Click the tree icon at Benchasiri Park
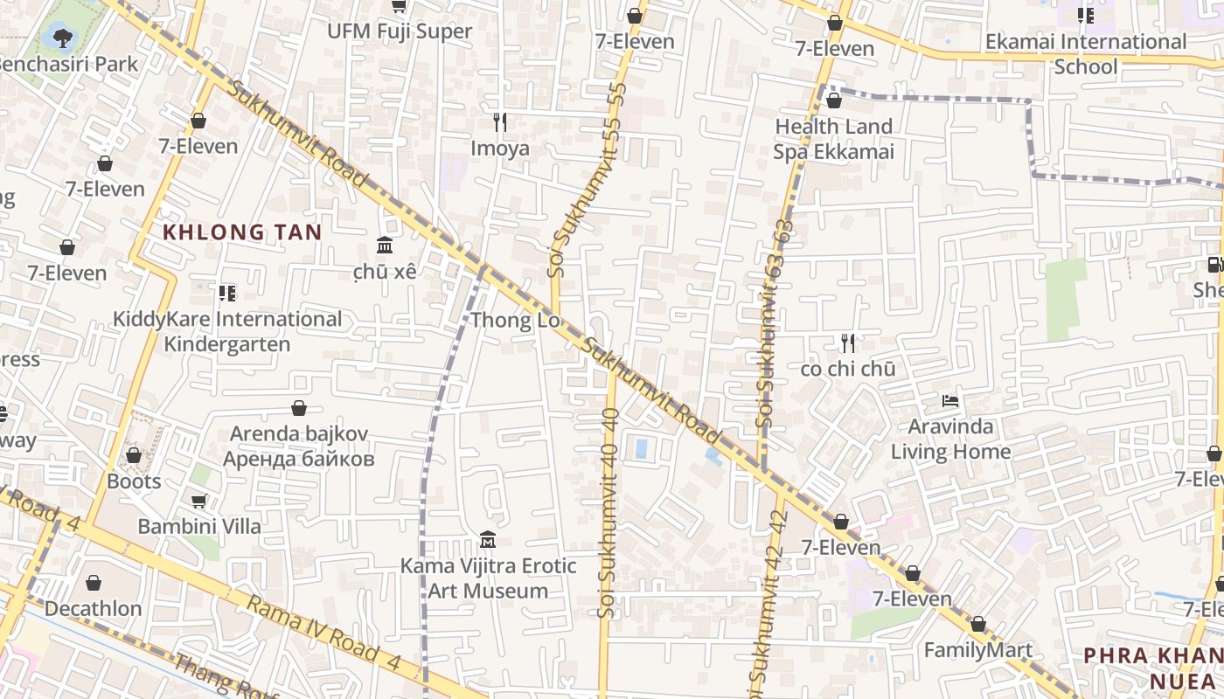(x=63, y=37)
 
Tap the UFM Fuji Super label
(x=400, y=31)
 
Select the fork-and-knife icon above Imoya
(x=500, y=121)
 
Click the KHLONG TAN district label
(x=243, y=232)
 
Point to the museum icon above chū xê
(x=385, y=245)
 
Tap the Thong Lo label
(x=515, y=321)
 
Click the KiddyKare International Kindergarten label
(x=227, y=331)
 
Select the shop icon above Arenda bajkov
(x=299, y=408)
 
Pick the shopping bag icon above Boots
(x=134, y=455)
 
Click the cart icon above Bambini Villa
(x=199, y=501)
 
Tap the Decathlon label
(x=93, y=608)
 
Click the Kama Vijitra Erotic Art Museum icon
(x=488, y=540)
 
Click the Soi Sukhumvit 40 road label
(x=610, y=516)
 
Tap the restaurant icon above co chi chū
(x=847, y=343)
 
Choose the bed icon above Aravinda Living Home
(x=950, y=401)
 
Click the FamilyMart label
(x=978, y=650)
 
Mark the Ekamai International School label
(x=1086, y=53)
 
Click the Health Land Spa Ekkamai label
(x=834, y=139)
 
